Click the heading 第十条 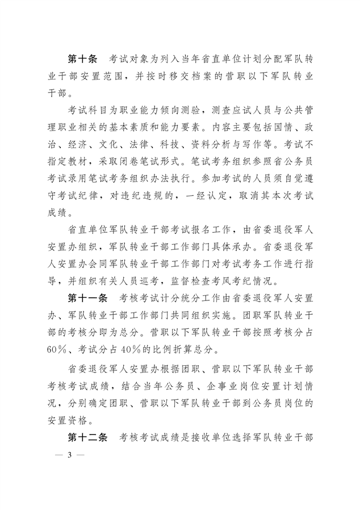[x=83, y=60]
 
